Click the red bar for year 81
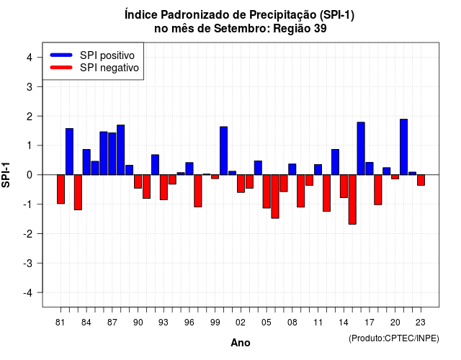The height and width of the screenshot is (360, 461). tap(61, 189)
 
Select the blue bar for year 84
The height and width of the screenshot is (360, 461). tap(86, 162)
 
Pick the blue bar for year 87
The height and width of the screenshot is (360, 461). tap(112, 153)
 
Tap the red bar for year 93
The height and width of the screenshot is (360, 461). tap(164, 187)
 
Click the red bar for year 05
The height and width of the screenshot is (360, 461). tap(267, 192)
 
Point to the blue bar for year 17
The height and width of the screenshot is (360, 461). tap(370, 168)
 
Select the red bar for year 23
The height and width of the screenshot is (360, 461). tap(421, 180)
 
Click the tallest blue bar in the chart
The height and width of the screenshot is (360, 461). tap(403, 147)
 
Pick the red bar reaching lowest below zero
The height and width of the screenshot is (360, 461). tap(352, 199)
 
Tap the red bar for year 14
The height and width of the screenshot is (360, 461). tap(344, 186)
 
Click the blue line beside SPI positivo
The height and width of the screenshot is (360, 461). tap(61, 55)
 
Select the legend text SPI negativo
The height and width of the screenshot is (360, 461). tap(109, 68)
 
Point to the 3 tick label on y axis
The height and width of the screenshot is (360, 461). tap(29, 86)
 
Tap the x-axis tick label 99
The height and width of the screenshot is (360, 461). tap(215, 323)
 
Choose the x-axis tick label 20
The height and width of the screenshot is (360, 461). tap(395, 323)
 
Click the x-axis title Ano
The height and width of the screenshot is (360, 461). tap(241, 343)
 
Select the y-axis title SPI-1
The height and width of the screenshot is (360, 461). tap(6, 175)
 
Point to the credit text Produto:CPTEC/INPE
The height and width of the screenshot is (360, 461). tap(394, 338)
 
